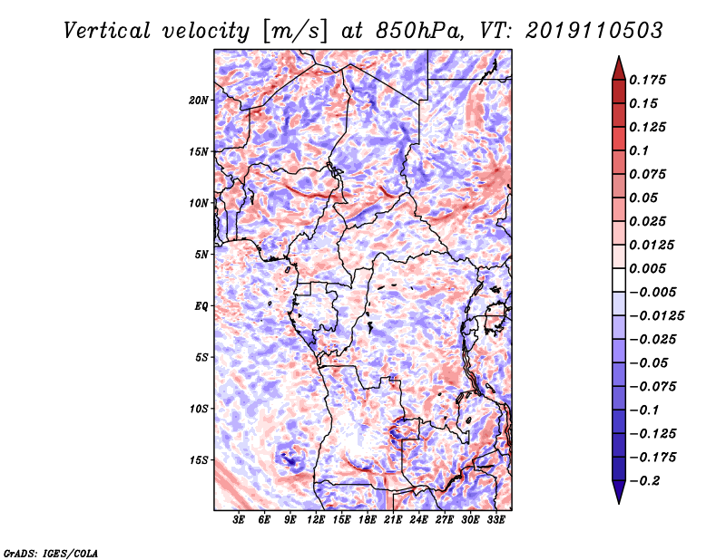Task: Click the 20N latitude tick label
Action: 199,101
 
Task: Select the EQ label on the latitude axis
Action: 201,306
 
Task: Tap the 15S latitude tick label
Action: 199,460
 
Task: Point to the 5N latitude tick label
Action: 201,255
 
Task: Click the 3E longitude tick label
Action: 239,520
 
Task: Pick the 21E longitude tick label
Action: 393,520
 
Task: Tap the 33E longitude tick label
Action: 495,520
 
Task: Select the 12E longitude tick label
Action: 316,520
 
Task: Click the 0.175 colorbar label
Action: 648,80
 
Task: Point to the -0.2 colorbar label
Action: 645,481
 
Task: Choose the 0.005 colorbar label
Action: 648,268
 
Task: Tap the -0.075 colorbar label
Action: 652,387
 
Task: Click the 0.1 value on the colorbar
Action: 639,150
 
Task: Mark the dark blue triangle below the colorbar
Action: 619,491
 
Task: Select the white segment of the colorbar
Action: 619,280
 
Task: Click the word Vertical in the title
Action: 107,31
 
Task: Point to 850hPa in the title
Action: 418,31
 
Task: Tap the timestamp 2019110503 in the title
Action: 594,31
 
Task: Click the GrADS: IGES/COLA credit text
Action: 51,554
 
